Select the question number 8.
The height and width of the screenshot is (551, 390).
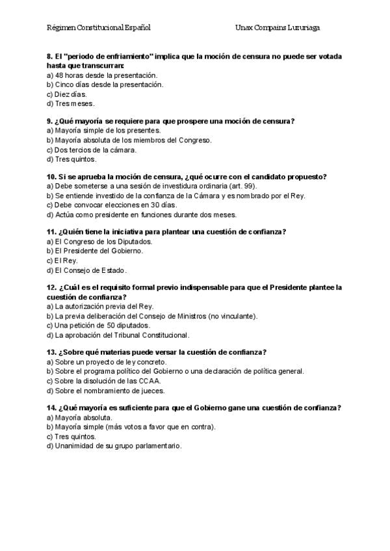pyautogui.click(x=50, y=57)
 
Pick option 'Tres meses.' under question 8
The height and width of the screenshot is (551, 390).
pyautogui.click(x=71, y=103)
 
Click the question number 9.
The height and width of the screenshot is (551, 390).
pyautogui.click(x=50, y=122)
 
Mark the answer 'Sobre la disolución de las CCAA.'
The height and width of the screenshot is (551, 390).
pyautogui.click(x=104, y=381)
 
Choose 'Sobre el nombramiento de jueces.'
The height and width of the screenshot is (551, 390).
pyautogui.click(x=105, y=391)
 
